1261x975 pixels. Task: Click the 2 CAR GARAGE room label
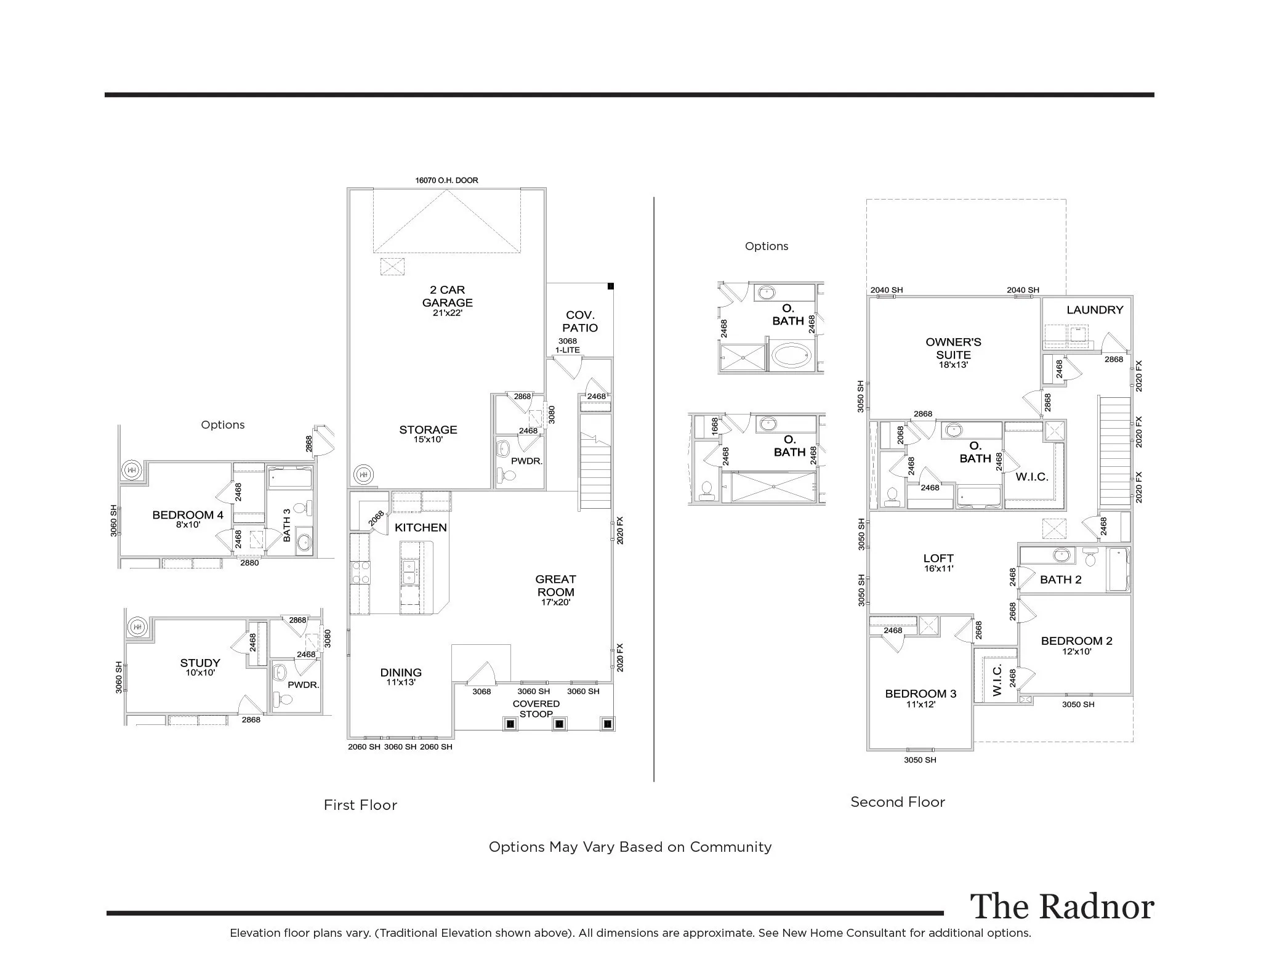[448, 300]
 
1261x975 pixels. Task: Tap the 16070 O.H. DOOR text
[446, 180]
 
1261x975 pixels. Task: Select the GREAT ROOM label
[555, 589]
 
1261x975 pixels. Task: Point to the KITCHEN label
[421, 528]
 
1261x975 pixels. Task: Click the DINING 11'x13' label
[401, 676]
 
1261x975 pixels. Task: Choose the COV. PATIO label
[579, 322]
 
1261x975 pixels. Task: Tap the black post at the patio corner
[611, 286]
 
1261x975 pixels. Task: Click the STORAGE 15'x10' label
[428, 434]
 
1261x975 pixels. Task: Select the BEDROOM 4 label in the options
[188, 519]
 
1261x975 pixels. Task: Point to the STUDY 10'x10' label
[200, 666]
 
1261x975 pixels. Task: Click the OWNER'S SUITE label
[953, 352]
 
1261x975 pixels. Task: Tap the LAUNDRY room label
[1095, 310]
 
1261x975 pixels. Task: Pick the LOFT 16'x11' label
[938, 562]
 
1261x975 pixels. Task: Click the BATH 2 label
[1060, 580]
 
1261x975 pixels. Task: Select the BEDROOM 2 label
[1076, 644]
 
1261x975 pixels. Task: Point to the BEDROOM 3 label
[921, 697]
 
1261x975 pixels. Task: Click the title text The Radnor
[1062, 907]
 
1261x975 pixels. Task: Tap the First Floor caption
[360, 805]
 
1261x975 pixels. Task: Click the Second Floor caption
[897, 802]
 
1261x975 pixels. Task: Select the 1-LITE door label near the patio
[567, 350]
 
